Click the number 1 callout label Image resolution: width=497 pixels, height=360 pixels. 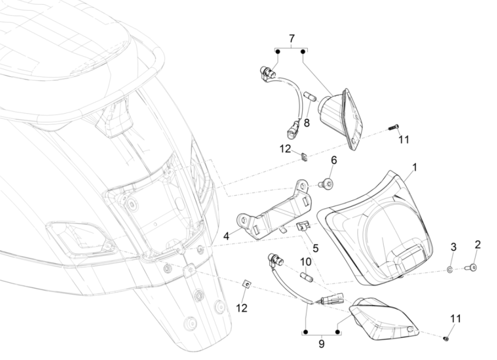tap(414, 168)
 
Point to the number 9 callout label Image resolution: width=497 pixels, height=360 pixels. tap(321, 343)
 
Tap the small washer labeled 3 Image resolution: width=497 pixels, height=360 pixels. tap(450, 270)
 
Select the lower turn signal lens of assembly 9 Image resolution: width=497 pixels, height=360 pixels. tap(382, 318)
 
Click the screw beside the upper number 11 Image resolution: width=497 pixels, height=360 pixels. tap(392, 127)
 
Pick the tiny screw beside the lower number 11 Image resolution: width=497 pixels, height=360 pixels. tap(446, 338)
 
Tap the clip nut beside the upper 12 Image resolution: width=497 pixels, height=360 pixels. tap(304, 155)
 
